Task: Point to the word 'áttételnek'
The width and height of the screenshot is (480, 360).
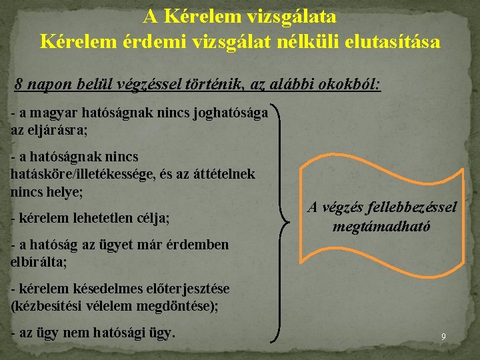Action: pyautogui.click(x=222, y=173)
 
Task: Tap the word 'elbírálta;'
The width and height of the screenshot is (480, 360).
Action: pyautogui.click(x=39, y=262)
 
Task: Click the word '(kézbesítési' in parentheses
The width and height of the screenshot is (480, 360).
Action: pyautogui.click(x=47, y=305)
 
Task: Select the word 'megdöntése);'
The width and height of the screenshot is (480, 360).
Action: pyautogui.click(x=185, y=305)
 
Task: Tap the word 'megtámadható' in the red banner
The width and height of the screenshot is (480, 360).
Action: pyautogui.click(x=382, y=226)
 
